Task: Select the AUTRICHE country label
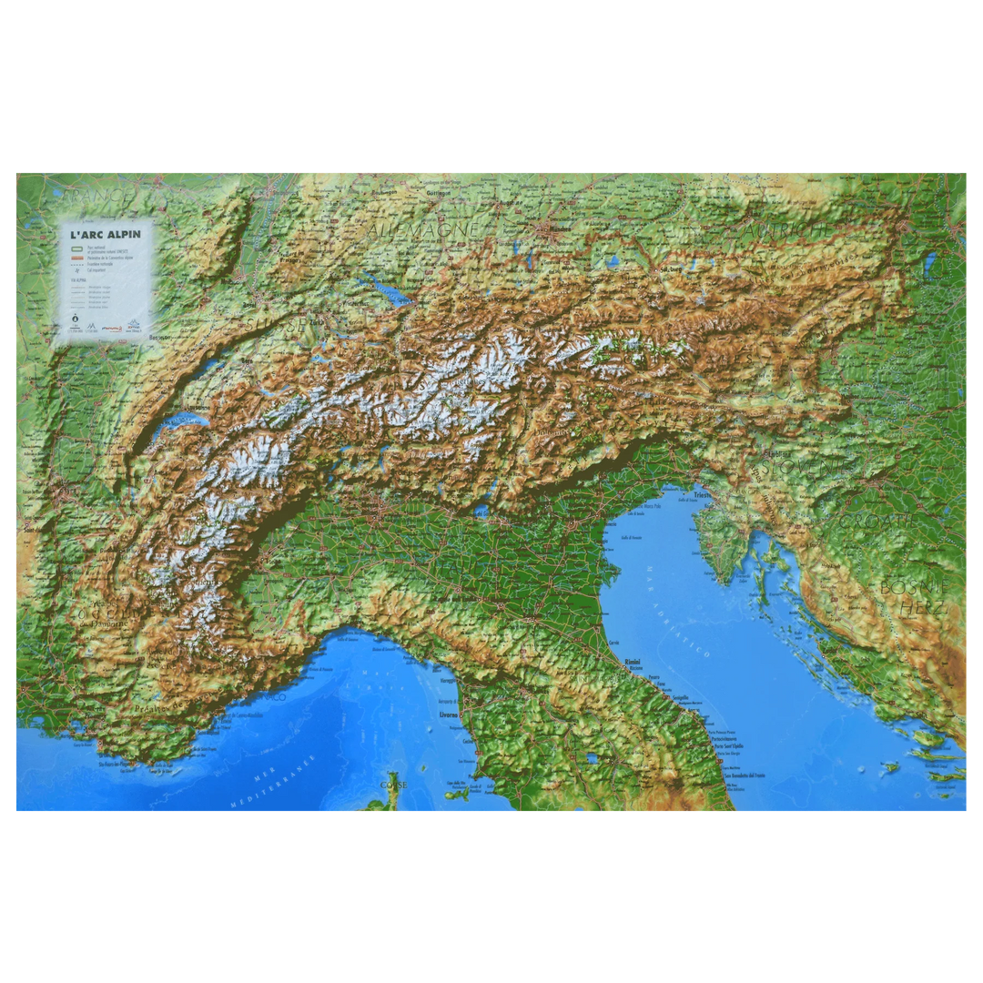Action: pos(788,232)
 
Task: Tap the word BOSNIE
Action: pos(913,587)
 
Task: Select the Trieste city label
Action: pos(702,494)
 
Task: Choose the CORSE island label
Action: pos(393,784)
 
